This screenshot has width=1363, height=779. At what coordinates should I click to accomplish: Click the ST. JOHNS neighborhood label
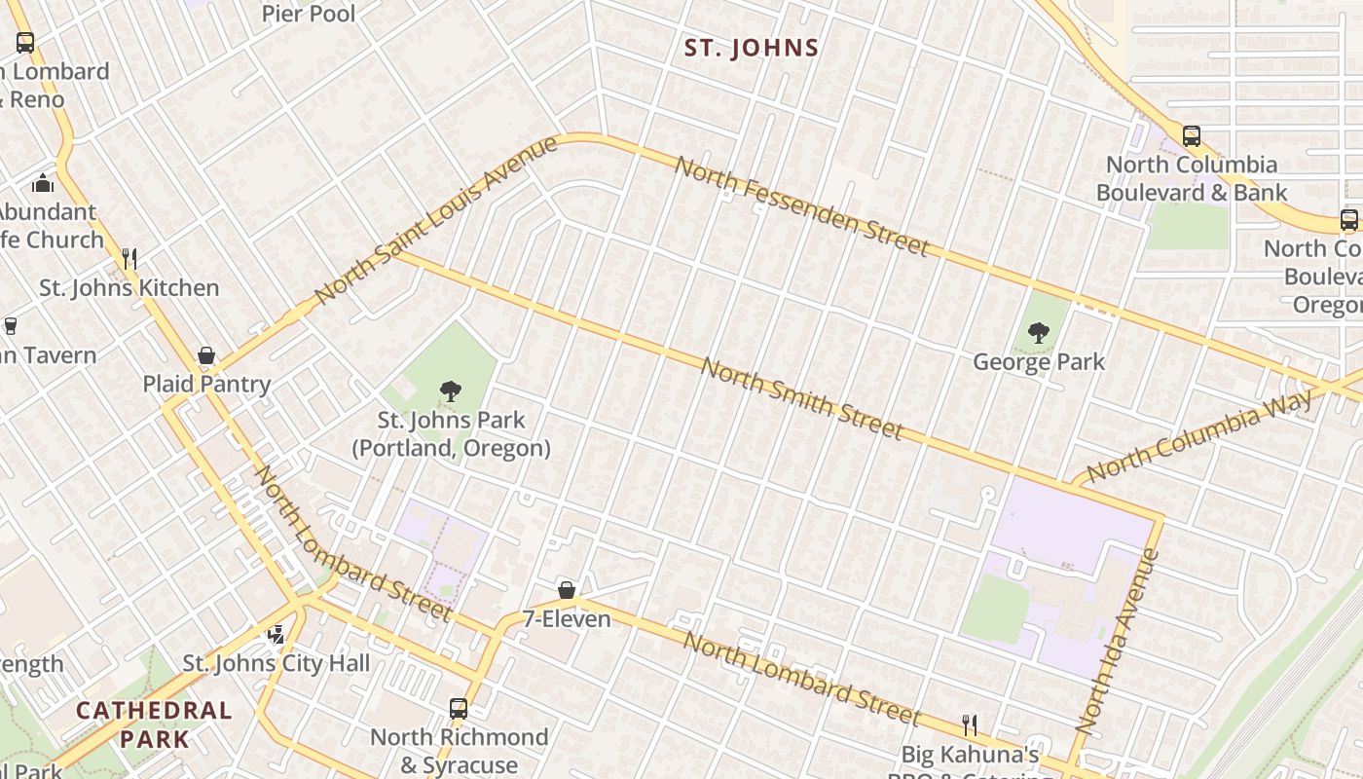tap(751, 48)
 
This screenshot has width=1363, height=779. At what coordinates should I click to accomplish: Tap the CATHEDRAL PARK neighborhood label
tap(154, 723)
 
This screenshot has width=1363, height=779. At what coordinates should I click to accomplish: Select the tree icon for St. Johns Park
tap(450, 392)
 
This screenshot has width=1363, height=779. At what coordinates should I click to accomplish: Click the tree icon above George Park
tap(1039, 333)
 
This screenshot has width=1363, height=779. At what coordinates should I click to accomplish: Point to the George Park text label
tap(1039, 362)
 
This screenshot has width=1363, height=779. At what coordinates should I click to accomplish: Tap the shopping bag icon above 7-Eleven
tap(567, 590)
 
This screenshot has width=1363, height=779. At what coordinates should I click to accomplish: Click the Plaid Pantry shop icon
tap(206, 355)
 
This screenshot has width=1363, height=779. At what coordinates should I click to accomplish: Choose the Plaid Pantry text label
tap(206, 384)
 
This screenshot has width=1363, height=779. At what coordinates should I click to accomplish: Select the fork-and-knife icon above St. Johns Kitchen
tap(129, 259)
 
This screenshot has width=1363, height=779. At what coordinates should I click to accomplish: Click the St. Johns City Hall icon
tap(276, 635)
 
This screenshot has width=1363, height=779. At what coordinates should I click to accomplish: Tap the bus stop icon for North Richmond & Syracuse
tap(459, 709)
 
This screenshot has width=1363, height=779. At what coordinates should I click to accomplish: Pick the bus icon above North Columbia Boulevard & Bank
tap(1192, 136)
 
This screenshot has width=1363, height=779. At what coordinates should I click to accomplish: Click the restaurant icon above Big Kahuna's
tap(970, 724)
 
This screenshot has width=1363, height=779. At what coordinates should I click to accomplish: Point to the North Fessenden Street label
tap(801, 206)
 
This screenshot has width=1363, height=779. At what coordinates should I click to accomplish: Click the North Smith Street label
tap(801, 399)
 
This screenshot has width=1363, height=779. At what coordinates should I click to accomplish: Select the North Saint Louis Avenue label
tap(436, 219)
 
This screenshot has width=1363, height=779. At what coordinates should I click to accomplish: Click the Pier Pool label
tap(309, 14)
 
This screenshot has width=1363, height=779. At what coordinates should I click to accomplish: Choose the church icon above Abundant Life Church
tap(43, 183)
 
